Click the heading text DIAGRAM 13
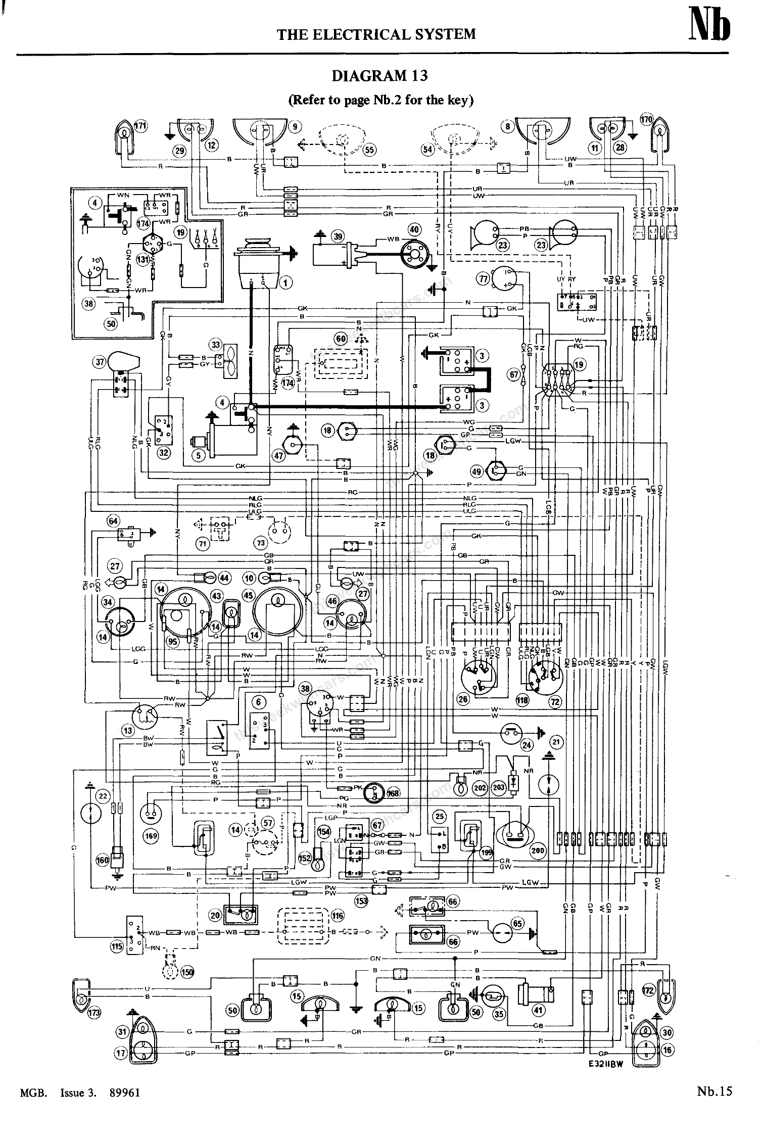click(x=379, y=76)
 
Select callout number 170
click(x=647, y=120)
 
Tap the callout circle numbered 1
click(x=285, y=282)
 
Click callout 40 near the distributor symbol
click(x=414, y=229)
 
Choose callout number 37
click(x=100, y=362)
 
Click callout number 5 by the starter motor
click(x=198, y=455)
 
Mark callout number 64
click(x=113, y=520)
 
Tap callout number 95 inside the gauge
click(x=173, y=641)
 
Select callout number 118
click(x=522, y=699)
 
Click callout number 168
click(x=393, y=793)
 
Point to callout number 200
click(x=538, y=850)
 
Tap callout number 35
click(x=499, y=1014)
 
